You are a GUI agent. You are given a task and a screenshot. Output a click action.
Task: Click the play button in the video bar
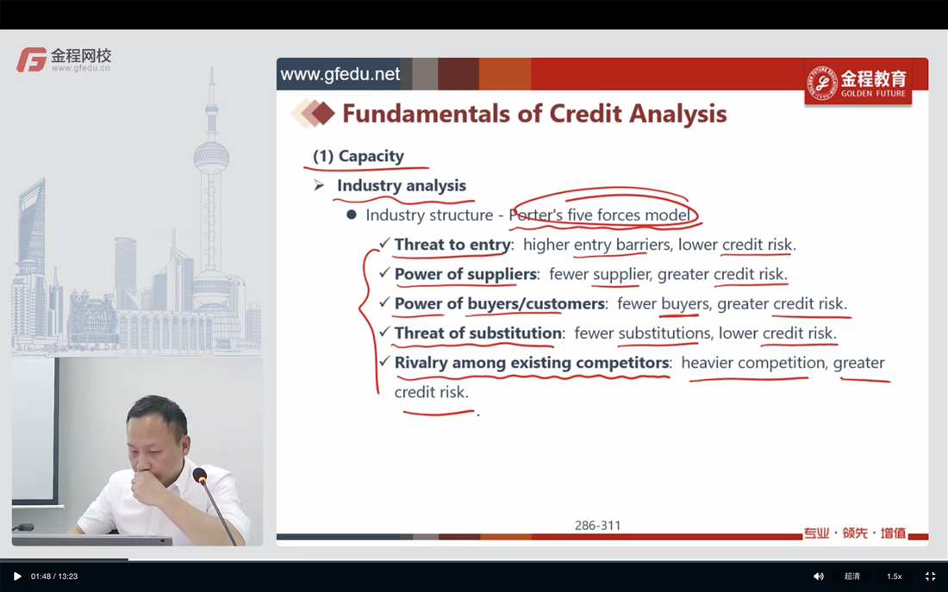(x=17, y=576)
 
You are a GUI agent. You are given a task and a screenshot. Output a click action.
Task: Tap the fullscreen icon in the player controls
(x=931, y=576)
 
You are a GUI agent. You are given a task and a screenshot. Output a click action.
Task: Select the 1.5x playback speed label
(x=895, y=576)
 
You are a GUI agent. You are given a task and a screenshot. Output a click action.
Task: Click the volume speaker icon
(x=819, y=576)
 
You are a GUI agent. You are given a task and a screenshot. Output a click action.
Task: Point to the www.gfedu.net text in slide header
(x=340, y=74)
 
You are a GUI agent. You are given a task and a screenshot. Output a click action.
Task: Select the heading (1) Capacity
(x=359, y=156)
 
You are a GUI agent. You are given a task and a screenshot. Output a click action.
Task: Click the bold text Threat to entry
(x=452, y=245)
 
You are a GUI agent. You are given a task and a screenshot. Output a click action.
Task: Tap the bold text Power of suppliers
(x=465, y=274)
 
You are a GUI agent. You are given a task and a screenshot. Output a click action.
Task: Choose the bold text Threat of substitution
(x=478, y=333)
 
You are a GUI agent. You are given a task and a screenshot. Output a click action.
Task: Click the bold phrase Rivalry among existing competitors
(x=532, y=362)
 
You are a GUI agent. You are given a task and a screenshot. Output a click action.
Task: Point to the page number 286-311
(x=597, y=526)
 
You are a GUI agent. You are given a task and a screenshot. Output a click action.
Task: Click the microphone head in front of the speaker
(x=200, y=476)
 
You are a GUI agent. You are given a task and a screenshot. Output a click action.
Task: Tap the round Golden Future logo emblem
(x=822, y=83)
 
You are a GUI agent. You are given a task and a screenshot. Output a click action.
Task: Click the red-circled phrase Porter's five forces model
(x=599, y=215)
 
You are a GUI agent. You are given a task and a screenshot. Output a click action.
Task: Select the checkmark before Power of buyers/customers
(x=384, y=302)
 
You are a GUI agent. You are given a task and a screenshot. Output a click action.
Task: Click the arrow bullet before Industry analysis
(x=319, y=185)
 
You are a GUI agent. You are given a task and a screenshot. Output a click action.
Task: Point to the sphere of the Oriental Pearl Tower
(x=212, y=157)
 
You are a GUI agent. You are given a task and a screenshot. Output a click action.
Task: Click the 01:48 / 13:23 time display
(x=54, y=576)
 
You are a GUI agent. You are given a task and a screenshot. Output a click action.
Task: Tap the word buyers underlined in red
(x=685, y=303)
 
